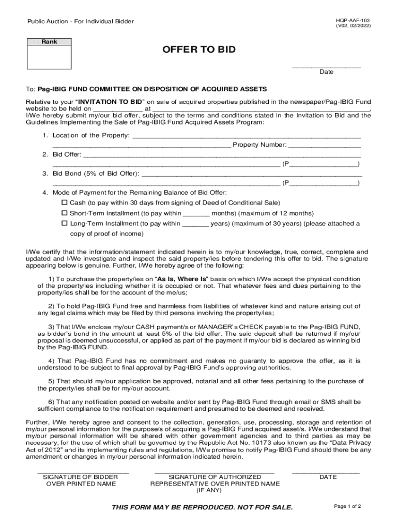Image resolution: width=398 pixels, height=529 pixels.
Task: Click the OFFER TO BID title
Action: point(199,50)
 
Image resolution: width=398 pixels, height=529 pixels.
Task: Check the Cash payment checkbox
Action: point(65,203)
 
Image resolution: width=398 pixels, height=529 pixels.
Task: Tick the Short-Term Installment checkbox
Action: point(65,213)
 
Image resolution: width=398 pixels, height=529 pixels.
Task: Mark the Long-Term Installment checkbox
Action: point(65,224)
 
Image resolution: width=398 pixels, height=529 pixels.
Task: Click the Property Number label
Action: point(259,145)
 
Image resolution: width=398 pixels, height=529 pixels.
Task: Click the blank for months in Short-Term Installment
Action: point(196,213)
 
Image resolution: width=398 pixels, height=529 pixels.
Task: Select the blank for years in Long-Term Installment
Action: point(195,224)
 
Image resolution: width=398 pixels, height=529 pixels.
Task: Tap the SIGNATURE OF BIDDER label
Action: point(80,477)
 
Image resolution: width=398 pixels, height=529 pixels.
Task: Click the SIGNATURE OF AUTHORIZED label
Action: point(215,477)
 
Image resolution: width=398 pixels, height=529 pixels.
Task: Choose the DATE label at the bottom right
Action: point(328,477)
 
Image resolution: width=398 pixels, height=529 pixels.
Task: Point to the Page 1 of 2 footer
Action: point(347,506)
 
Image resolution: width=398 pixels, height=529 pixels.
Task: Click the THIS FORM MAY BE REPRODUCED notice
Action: point(202,507)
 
